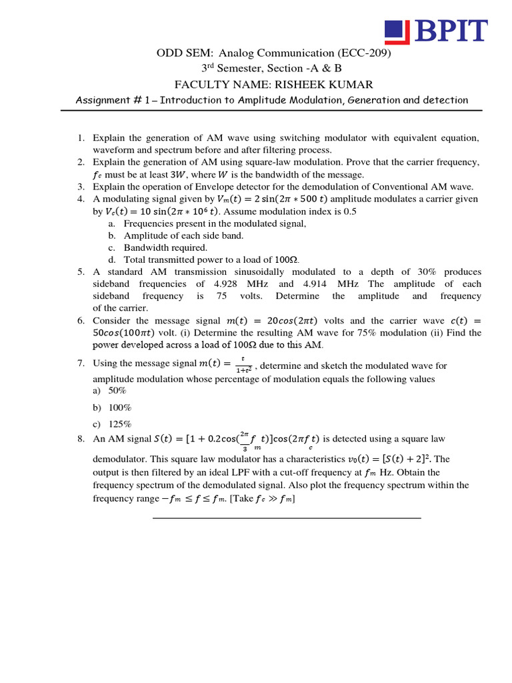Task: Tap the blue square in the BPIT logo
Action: click(397, 31)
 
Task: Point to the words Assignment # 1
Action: click(112, 100)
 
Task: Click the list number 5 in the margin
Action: click(80, 272)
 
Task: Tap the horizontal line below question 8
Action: click(287, 518)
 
